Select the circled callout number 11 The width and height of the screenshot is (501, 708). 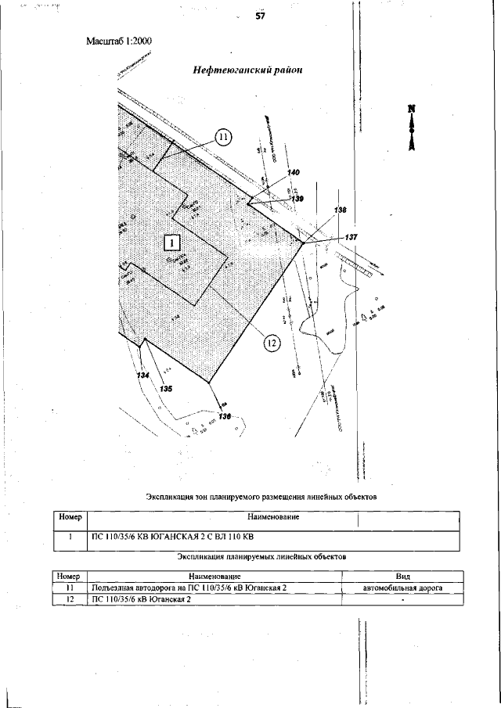tap(223, 138)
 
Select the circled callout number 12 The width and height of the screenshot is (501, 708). tap(271, 342)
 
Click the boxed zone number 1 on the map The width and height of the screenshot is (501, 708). tap(172, 242)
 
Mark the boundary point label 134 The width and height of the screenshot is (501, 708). tap(142, 376)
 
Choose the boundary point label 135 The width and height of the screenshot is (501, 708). tap(166, 387)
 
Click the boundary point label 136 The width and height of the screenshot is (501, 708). tap(225, 416)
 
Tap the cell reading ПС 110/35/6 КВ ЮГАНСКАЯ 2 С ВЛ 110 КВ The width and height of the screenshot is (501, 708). tap(174, 537)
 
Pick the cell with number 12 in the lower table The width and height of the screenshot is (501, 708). tap(70, 598)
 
